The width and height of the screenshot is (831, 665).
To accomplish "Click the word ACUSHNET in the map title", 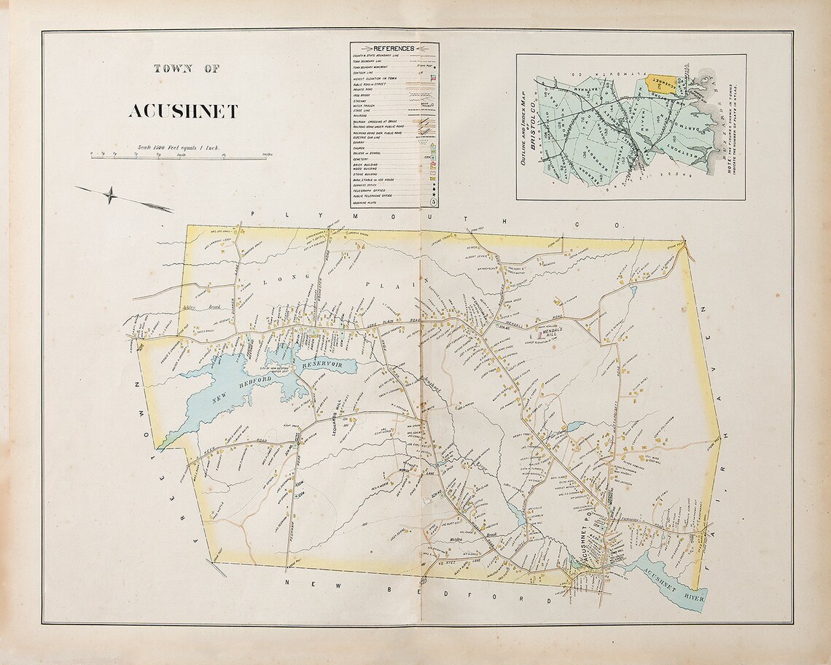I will (183, 112).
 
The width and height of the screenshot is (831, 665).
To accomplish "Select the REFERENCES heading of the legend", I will (394, 48).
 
